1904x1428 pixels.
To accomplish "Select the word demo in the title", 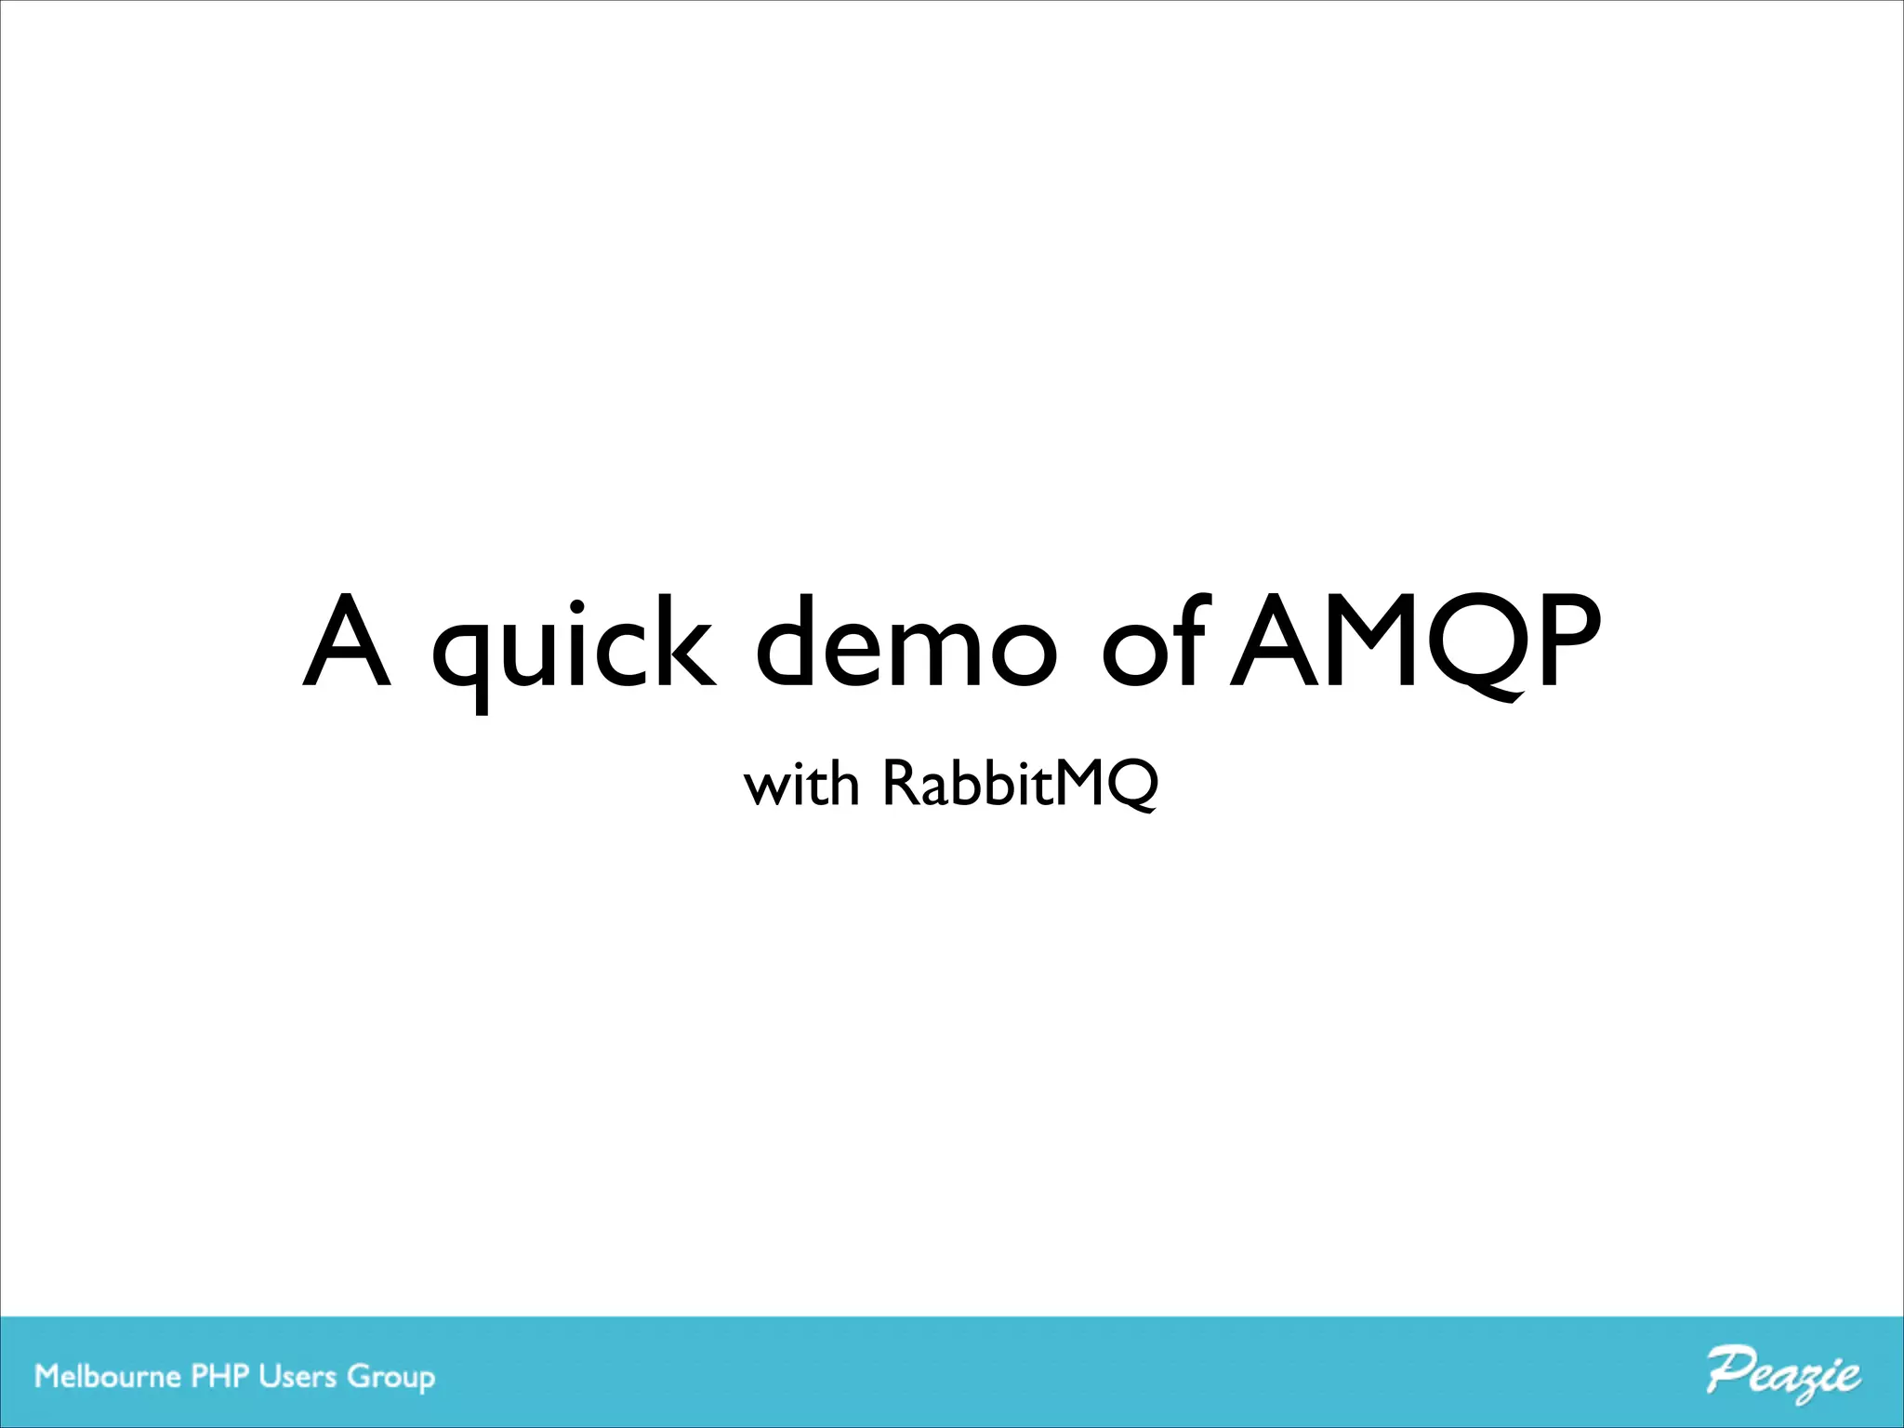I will click(907, 641).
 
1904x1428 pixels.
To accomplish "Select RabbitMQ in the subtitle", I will click(1020, 784).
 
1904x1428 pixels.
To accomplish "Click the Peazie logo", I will click(1783, 1375).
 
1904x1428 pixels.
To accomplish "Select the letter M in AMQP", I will click(1367, 641).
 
